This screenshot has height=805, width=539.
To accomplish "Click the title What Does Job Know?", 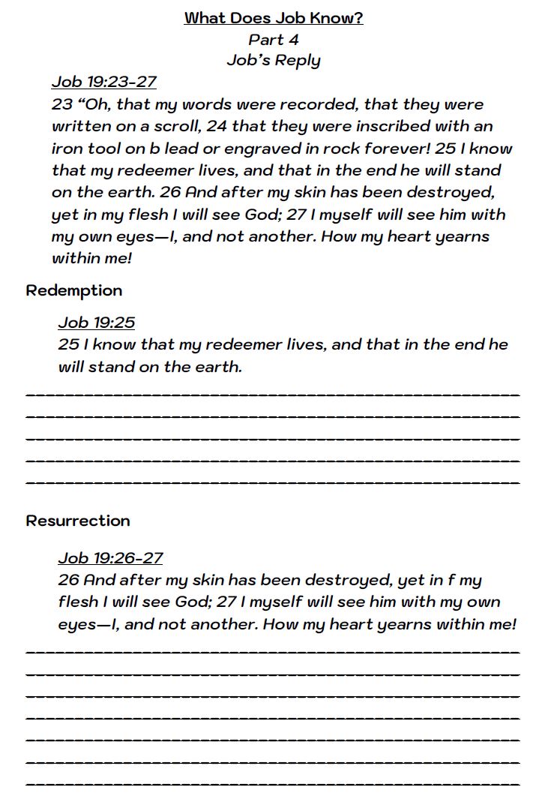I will [x=274, y=18].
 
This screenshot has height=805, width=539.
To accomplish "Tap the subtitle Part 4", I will [x=274, y=39].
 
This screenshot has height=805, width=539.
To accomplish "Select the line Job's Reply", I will [x=274, y=61].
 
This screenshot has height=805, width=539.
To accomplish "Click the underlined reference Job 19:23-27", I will [x=104, y=82].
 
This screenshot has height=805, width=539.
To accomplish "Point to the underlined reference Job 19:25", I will [x=97, y=323].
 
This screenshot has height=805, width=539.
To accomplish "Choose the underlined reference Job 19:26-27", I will [x=110, y=558].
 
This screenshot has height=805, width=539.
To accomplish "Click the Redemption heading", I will [x=74, y=290].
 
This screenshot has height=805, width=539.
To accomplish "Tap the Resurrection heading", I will [x=78, y=521].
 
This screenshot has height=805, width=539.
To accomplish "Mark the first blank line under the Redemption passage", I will [x=273, y=393].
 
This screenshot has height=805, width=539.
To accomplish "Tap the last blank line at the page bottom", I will [x=273, y=784].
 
